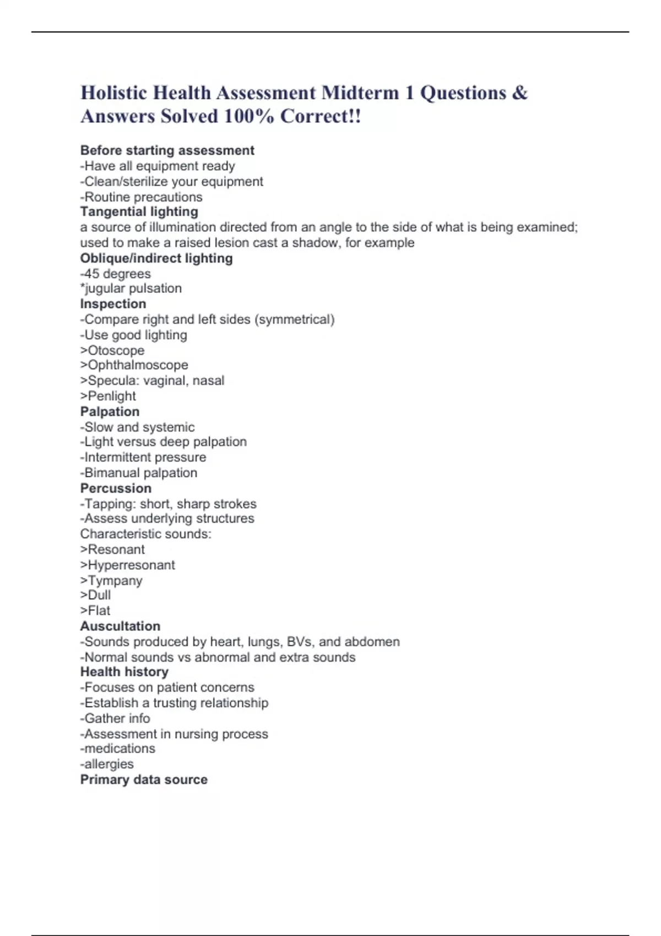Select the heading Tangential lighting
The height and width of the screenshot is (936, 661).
point(139,212)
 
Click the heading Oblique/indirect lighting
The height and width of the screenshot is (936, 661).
point(156,258)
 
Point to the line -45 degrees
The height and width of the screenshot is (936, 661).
point(115,274)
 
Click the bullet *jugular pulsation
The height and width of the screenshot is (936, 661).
point(131,289)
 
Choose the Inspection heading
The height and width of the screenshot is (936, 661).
point(113,304)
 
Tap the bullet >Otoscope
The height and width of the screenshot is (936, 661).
point(112,350)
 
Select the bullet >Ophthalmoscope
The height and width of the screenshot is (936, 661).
point(134,365)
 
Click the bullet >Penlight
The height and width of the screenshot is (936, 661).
point(108,396)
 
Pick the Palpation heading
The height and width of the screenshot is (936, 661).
point(110,412)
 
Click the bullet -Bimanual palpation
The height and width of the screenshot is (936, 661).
point(138,473)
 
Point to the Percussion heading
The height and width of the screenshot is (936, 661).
point(116,488)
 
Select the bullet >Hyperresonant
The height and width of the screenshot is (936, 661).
point(127,565)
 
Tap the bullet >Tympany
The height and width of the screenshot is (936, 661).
point(111,580)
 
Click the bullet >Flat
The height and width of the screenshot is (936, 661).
point(95,611)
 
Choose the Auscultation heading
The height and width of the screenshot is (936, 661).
point(120,626)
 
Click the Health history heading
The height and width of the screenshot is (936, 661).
point(124,672)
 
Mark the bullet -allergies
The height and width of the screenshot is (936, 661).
point(107,764)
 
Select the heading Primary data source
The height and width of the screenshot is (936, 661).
point(144,780)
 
